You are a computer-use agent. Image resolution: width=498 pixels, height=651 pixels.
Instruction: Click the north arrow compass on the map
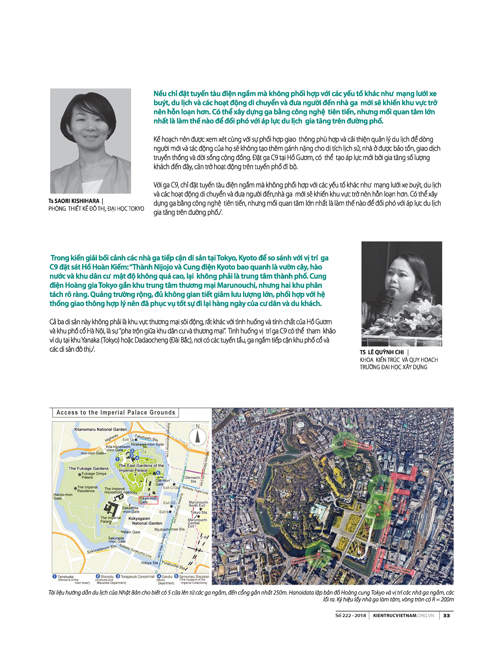click(x=199, y=437)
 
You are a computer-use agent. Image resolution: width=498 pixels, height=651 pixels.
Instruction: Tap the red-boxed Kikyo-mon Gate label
click(x=148, y=500)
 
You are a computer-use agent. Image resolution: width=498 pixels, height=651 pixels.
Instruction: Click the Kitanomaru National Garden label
click(x=101, y=429)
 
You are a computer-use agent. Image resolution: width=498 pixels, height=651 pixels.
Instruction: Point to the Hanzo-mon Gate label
click(x=62, y=496)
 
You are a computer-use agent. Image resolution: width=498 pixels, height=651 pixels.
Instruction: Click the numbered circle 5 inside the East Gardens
click(x=158, y=473)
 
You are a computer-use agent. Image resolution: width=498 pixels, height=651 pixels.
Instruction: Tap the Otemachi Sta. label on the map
click(x=192, y=479)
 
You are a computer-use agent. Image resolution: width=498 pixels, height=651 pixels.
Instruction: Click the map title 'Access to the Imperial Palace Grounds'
click(x=116, y=413)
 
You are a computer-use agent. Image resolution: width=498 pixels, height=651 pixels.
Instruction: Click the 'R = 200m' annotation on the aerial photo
click(x=324, y=551)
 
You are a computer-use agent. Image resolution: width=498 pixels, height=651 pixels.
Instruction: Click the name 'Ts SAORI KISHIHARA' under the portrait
click(x=74, y=201)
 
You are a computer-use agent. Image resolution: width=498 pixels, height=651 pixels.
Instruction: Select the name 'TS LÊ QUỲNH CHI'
click(x=382, y=352)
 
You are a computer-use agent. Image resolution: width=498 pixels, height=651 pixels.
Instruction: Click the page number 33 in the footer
click(x=447, y=615)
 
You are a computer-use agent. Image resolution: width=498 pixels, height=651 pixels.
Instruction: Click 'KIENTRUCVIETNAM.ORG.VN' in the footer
click(x=403, y=615)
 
